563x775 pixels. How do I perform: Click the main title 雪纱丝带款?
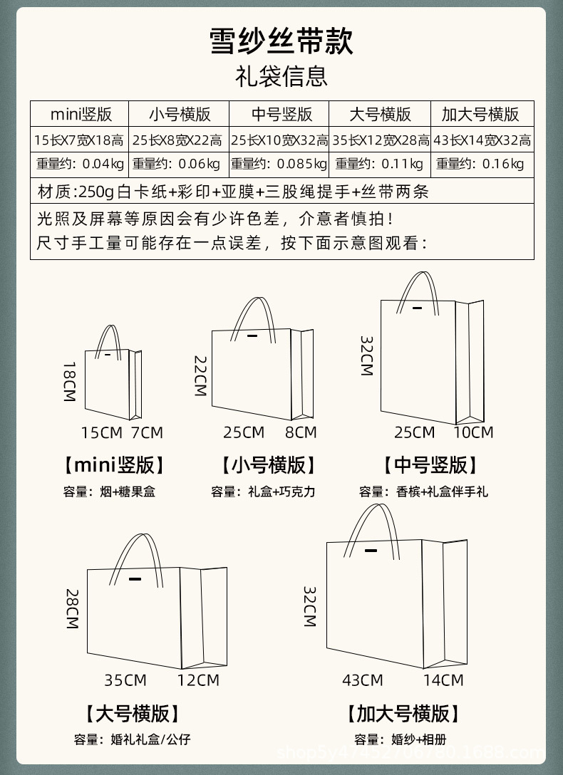click(281, 41)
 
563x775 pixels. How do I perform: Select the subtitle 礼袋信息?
click(281, 76)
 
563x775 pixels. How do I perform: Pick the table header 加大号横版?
click(480, 114)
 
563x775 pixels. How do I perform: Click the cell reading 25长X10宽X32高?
click(279, 140)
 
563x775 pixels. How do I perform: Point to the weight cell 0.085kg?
click(279, 165)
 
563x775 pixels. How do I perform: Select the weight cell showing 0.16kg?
click(480, 165)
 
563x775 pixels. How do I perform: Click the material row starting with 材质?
click(233, 191)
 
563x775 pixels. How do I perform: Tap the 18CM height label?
click(69, 382)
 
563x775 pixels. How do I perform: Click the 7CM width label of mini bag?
click(147, 432)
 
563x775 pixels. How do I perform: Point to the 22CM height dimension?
click(200, 376)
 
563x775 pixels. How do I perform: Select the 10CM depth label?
click(473, 432)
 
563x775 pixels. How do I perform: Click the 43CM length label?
click(362, 680)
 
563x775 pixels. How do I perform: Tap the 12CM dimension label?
click(198, 680)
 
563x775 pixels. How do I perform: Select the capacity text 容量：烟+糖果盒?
click(109, 491)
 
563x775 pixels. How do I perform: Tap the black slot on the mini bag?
click(108, 355)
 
